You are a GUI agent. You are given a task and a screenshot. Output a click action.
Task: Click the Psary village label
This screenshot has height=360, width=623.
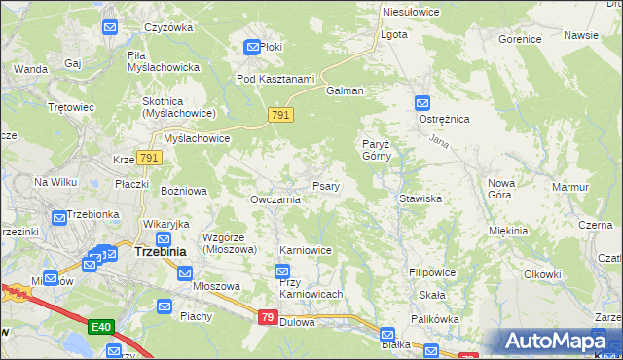click(325, 186)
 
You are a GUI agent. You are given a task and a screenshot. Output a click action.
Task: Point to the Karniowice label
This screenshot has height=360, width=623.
click(306, 250)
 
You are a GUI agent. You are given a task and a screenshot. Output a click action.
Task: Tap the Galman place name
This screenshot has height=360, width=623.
click(345, 90)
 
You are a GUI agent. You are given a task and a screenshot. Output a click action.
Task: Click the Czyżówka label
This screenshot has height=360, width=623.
click(169, 27)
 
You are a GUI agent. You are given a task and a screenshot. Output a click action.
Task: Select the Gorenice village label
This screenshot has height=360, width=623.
click(519, 40)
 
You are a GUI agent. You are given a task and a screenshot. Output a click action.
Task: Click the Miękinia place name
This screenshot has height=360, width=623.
click(508, 231)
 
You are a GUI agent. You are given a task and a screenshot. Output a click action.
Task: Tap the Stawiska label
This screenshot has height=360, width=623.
click(421, 198)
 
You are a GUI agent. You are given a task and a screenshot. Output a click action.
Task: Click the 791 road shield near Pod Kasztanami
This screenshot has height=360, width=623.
click(280, 116)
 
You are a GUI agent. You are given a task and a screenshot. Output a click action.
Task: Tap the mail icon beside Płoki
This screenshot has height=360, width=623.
click(251, 47)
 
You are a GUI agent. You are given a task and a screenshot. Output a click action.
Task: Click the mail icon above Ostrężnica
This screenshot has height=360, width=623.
click(421, 102)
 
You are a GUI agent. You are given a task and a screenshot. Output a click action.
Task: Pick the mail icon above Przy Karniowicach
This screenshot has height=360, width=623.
click(282, 271)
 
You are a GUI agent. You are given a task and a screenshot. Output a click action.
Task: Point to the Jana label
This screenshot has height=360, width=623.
click(437, 143)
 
